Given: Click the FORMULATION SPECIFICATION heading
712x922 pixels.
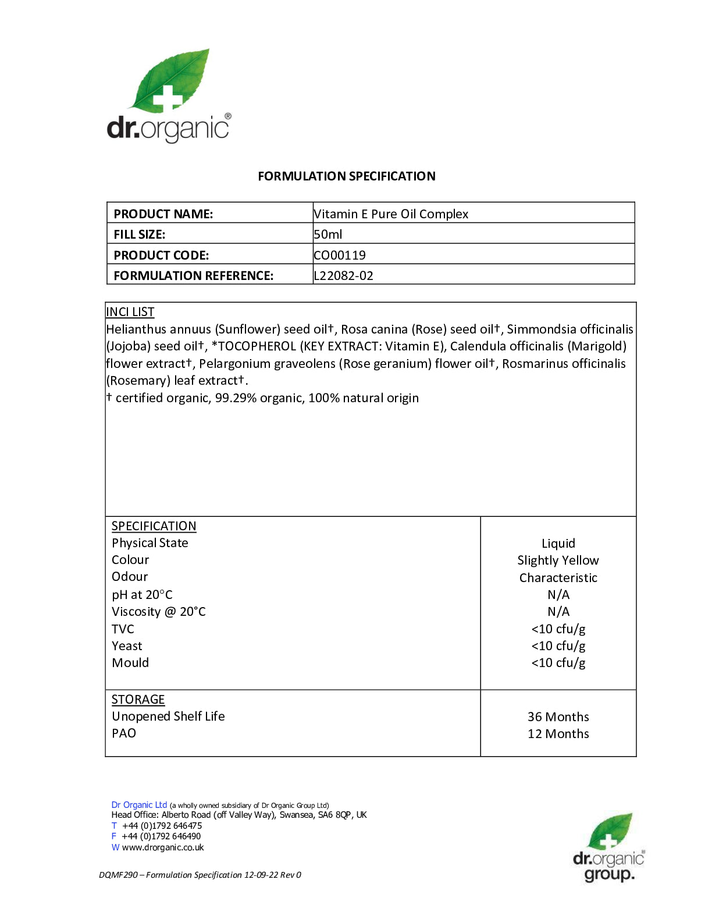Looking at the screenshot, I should [x=346, y=176].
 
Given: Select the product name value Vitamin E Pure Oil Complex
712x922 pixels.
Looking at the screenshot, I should [x=391, y=214].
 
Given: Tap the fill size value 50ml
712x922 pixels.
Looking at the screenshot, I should [x=328, y=235].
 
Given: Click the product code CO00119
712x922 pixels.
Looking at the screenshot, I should [x=340, y=256].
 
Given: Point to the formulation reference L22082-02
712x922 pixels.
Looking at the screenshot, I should [x=343, y=276].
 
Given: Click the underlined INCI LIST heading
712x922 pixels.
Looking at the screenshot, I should [x=130, y=312].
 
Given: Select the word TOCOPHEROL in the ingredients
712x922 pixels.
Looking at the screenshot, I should [x=257, y=346].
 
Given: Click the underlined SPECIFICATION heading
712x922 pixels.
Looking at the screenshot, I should [x=154, y=526].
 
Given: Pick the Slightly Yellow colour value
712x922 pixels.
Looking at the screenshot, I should [x=558, y=561].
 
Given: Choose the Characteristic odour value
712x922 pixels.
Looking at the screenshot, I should [x=558, y=578].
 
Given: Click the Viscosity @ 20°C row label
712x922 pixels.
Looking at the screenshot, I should [x=158, y=612].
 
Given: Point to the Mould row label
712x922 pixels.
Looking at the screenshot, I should [x=130, y=663].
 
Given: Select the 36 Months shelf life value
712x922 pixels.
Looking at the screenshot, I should [x=558, y=717].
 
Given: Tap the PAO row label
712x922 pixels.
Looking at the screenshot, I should [x=124, y=733].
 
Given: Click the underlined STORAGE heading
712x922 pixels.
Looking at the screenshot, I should [x=138, y=700].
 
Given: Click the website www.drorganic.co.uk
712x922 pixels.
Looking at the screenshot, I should [x=163, y=847].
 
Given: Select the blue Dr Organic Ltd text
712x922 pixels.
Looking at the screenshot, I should [x=139, y=805].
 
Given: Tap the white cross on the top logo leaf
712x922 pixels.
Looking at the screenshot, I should [x=168, y=98].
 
